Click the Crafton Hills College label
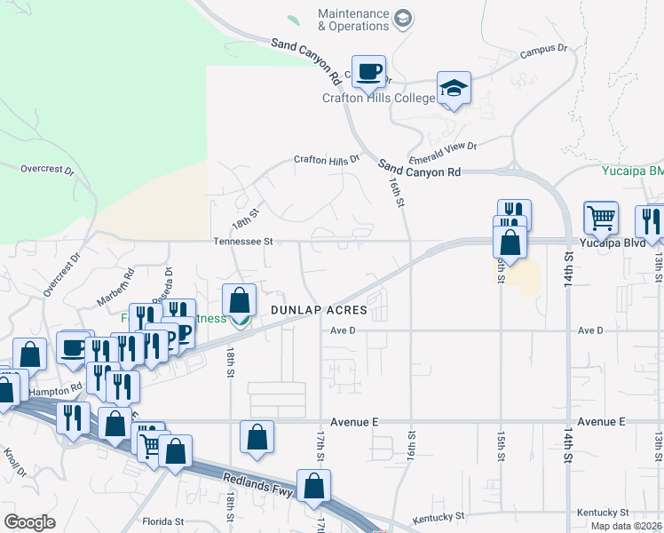[378, 98]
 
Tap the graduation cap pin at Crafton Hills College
[454, 89]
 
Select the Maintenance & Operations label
[354, 20]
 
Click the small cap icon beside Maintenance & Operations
[404, 20]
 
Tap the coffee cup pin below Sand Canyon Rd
[368, 71]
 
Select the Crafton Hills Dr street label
[328, 160]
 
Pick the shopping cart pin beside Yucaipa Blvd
[601, 217]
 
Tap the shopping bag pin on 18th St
[239, 300]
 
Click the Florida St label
[162, 521]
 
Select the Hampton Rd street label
[55, 390]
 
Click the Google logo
[29, 521]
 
